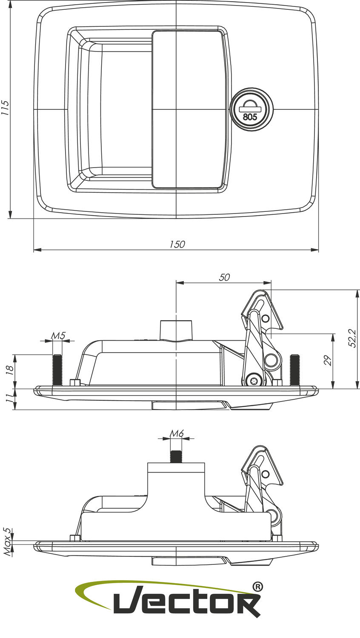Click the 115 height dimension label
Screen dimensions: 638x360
point(5,108)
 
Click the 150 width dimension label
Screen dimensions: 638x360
point(177,244)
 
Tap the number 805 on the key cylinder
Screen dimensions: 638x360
point(250,117)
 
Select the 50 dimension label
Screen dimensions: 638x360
point(224,277)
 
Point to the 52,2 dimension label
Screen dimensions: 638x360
point(352,338)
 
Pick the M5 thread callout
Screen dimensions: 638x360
point(58,336)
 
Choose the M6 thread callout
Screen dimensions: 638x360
point(177,433)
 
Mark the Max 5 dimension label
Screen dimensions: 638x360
point(7,542)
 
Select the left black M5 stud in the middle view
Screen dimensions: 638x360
point(57,369)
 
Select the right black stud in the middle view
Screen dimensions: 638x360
point(294,369)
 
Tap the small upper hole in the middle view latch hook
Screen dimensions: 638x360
point(266,319)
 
